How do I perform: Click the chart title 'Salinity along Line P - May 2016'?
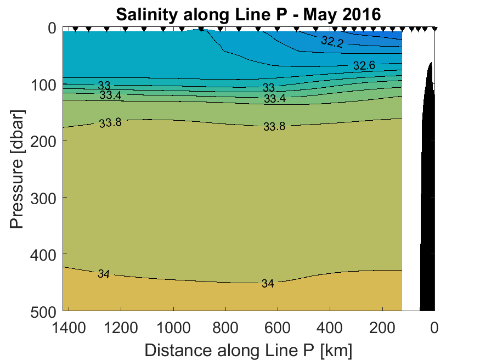coord(247,14)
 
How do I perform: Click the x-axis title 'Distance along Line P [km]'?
coord(248,350)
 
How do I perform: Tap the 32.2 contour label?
coord(332,41)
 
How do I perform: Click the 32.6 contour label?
coord(364,65)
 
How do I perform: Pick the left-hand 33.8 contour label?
coord(110,123)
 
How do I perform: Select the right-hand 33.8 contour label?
coord(274,127)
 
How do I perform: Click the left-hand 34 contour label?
coord(103,274)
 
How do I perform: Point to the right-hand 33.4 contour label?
coord(275,99)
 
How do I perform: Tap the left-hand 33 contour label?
coord(104,86)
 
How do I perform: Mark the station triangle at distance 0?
coord(434,29)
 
